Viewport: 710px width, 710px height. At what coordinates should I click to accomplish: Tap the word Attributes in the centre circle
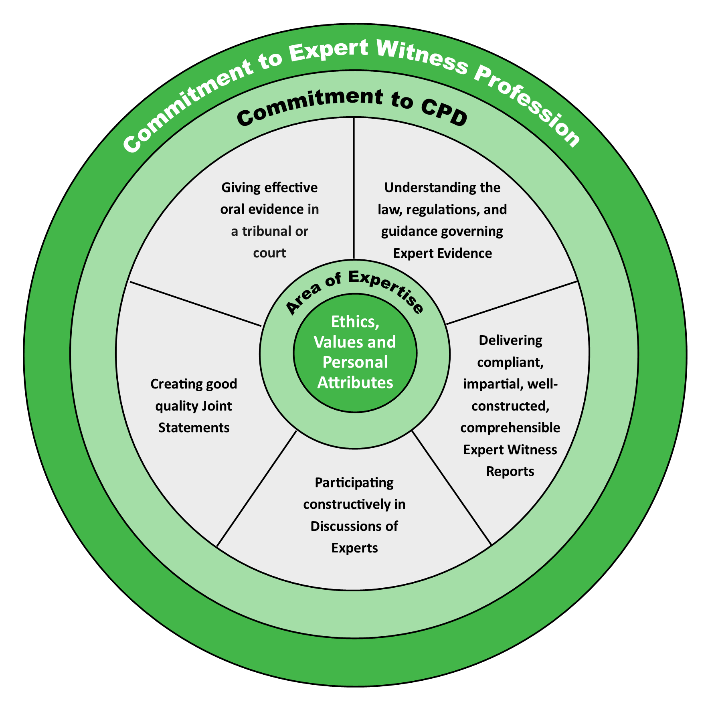pyautogui.click(x=355, y=382)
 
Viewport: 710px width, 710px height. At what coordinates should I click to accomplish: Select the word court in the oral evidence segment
pyautogui.click(x=269, y=253)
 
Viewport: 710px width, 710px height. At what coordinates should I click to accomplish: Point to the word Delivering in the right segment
pyautogui.click(x=510, y=340)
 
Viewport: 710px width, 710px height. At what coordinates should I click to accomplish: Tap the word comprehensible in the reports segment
pyautogui.click(x=510, y=428)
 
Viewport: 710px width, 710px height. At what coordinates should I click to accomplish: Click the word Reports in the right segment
pyautogui.click(x=510, y=471)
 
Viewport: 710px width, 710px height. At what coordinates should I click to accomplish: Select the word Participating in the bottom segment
pyautogui.click(x=354, y=483)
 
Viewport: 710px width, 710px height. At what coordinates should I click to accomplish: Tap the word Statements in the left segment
pyautogui.click(x=194, y=428)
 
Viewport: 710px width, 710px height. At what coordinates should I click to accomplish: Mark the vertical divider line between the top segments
pyautogui.click(x=354, y=188)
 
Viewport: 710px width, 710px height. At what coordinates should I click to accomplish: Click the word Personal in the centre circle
pyautogui.click(x=355, y=362)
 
